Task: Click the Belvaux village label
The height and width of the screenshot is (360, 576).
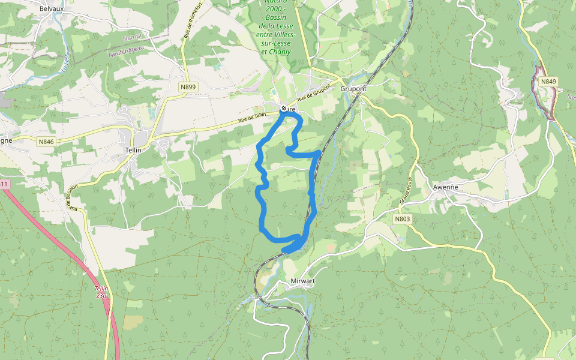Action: click(x=51, y=9)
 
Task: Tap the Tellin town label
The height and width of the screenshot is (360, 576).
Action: click(x=133, y=150)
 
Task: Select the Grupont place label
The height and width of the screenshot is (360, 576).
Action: click(x=353, y=89)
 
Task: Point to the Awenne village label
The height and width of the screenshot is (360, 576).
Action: click(x=445, y=187)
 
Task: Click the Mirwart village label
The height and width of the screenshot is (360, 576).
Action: click(x=303, y=280)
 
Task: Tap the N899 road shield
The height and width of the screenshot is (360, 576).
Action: click(x=188, y=87)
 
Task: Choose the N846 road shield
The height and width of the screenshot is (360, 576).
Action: click(x=46, y=142)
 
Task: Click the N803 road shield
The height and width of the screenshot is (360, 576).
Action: click(x=403, y=219)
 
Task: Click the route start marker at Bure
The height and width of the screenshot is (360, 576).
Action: click(x=284, y=109)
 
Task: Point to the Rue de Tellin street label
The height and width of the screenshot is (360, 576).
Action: click(x=251, y=119)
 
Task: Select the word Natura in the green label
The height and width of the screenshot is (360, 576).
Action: click(x=275, y=2)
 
